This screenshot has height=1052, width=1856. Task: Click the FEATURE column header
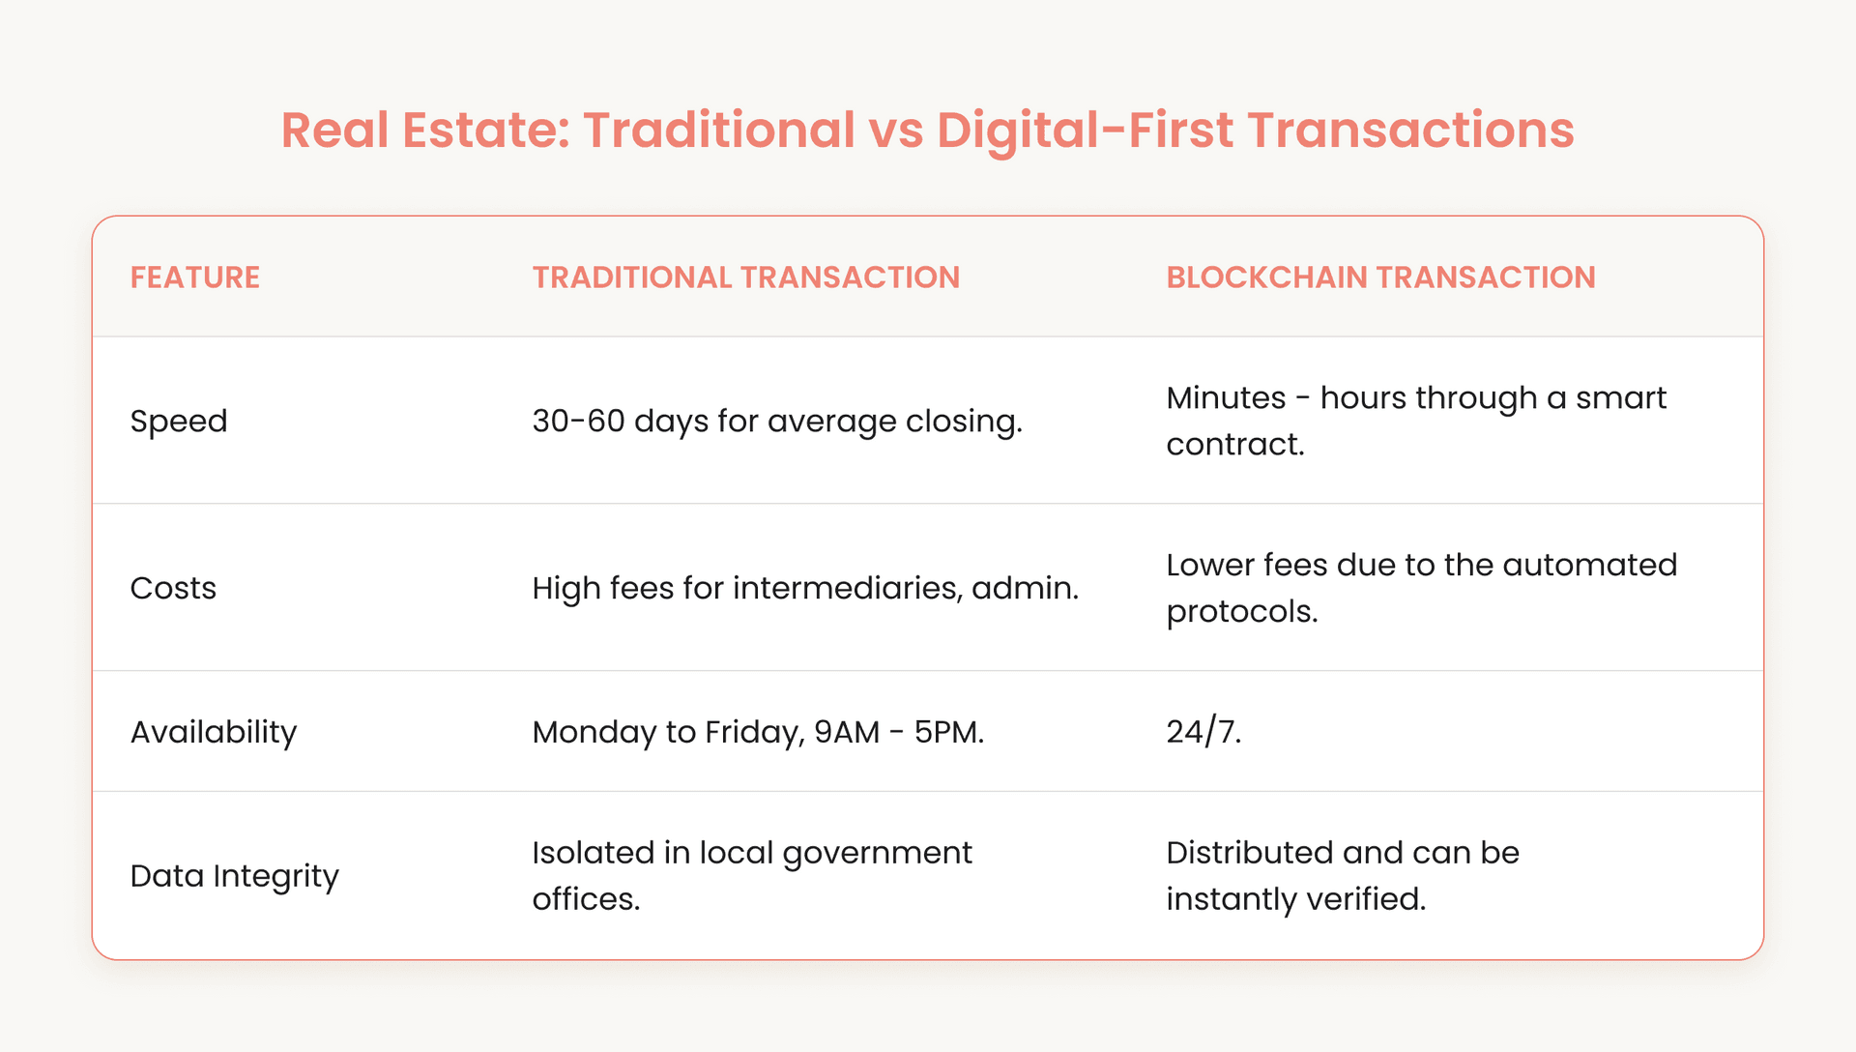pos(194,278)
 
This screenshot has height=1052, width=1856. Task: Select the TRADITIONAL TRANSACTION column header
pos(745,278)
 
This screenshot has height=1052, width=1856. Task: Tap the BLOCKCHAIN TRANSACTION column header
pos(1380,278)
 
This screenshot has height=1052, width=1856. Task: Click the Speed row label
pos(179,422)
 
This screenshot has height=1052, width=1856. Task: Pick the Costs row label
pos(173,588)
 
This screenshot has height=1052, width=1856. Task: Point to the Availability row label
pos(214,732)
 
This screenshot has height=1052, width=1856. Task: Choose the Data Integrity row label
pos(234,876)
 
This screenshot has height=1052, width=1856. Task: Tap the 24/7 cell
pos(1203,732)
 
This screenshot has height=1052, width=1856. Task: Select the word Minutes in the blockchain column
pos(1226,398)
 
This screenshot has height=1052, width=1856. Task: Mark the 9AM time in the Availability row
pos(847,732)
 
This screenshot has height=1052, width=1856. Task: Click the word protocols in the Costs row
pos(1241,612)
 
